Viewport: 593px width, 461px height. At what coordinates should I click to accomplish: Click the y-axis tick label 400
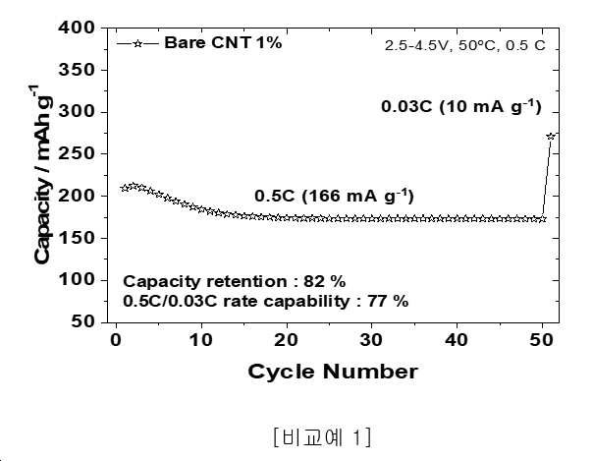click(78, 28)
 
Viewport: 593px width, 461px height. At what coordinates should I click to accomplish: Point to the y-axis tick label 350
click(78, 70)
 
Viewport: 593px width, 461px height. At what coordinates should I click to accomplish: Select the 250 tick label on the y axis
click(78, 153)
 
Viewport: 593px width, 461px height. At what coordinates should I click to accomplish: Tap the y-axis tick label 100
click(78, 280)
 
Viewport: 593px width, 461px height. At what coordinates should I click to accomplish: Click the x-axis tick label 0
click(116, 340)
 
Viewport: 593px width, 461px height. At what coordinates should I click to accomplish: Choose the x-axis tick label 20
click(287, 340)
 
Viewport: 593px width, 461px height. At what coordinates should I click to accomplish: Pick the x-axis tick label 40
click(457, 340)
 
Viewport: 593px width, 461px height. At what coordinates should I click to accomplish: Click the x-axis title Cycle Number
click(333, 372)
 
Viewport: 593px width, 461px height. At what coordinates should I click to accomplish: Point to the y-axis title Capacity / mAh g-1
click(41, 174)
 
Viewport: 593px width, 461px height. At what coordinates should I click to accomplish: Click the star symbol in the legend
click(138, 43)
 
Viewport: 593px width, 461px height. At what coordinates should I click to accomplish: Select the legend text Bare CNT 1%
click(223, 42)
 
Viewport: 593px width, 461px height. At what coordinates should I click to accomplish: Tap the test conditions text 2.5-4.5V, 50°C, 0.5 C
click(465, 45)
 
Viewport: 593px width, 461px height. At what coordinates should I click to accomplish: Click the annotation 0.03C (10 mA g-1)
click(461, 106)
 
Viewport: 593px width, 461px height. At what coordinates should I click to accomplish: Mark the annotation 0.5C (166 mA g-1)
click(334, 196)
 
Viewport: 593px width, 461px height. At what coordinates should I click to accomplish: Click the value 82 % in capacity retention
click(325, 281)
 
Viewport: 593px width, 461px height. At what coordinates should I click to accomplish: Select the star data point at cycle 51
click(551, 137)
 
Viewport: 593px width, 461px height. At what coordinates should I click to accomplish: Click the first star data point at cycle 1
click(125, 188)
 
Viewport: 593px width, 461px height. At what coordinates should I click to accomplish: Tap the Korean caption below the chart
click(322, 436)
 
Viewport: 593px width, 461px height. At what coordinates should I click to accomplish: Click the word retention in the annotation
click(247, 281)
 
